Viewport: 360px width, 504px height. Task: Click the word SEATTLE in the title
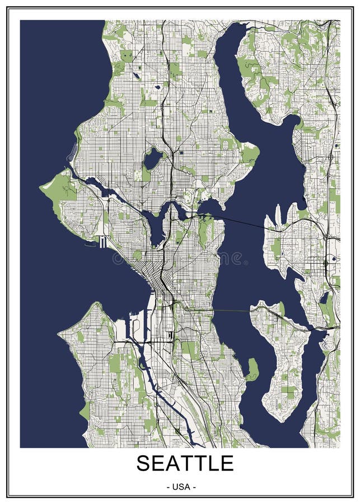click(185, 464)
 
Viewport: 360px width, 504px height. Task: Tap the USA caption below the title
click(181, 487)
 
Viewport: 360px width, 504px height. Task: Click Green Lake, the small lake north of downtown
click(152, 159)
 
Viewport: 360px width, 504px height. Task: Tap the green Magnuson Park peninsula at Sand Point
click(249, 152)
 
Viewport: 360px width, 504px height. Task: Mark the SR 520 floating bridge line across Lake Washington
click(241, 221)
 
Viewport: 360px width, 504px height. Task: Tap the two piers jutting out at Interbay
click(102, 242)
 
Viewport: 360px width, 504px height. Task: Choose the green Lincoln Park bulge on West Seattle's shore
click(84, 412)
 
